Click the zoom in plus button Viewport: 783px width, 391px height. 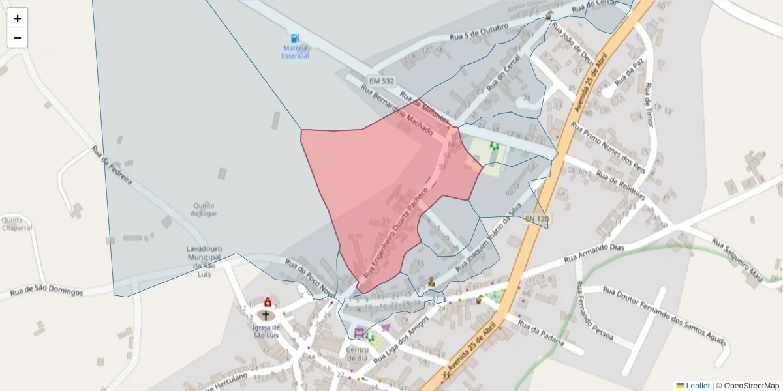pos(18,18)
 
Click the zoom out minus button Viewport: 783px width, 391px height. pos(18,38)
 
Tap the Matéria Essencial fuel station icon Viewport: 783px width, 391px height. pos(295,38)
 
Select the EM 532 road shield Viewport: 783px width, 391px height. pos(381,80)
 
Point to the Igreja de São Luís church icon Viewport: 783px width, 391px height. pos(266,315)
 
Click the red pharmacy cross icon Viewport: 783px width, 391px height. pos(268,302)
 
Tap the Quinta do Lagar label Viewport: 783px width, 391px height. pos(204,209)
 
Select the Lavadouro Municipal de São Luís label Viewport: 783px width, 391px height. pos(204,261)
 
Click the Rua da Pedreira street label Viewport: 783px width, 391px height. pos(112,166)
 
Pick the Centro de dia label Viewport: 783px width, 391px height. pos(358,354)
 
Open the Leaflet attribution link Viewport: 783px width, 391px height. pos(698,386)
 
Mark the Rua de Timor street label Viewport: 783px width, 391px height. pos(648,104)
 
